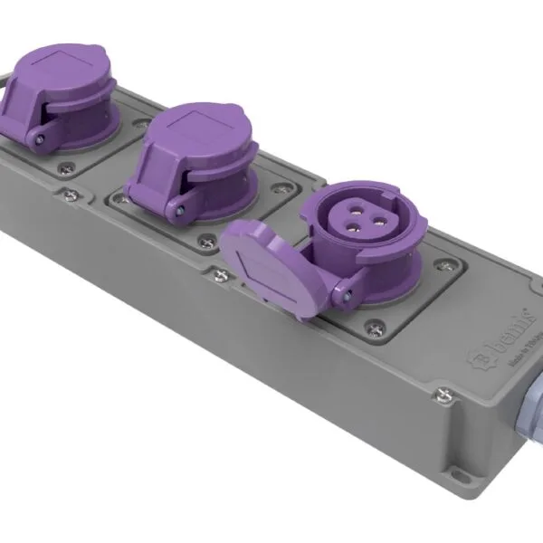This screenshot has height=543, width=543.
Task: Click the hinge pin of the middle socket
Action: coord(182,209)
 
